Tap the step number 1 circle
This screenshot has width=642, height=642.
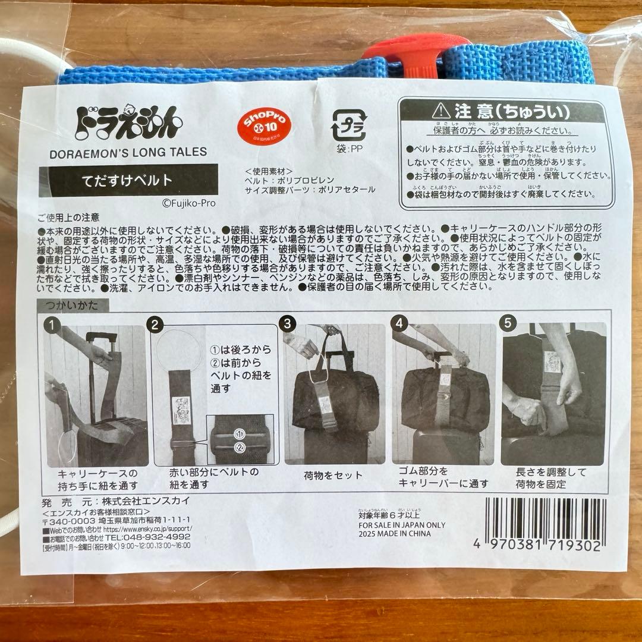[54, 325]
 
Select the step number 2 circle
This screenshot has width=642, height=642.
[155, 325]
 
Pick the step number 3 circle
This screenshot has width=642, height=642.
[288, 324]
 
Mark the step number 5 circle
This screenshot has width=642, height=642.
[508, 324]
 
